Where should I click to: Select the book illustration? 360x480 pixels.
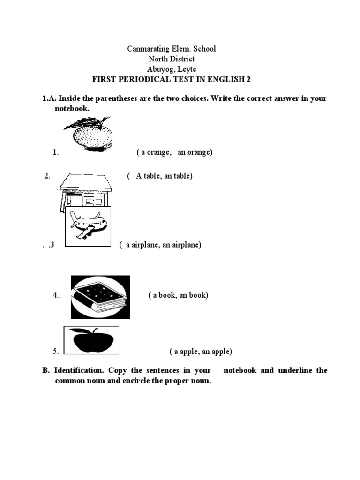tap(100, 297)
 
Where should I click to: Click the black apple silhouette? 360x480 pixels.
tap(91, 340)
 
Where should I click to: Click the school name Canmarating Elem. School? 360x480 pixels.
tap(172, 49)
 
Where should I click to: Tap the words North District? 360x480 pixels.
tap(172, 59)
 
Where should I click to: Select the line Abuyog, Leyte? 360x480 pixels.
tap(172, 69)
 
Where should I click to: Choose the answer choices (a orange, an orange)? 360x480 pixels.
tap(174, 152)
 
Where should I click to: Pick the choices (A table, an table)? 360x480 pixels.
tap(159, 176)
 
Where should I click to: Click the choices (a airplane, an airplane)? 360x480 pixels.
tap(160, 245)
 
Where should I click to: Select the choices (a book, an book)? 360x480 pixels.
tap(178, 295)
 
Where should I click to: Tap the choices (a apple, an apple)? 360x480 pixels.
tap(201, 352)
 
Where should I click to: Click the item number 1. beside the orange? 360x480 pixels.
tap(56, 152)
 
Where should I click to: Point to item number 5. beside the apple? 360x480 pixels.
tap(56, 352)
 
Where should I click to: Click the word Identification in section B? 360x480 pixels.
tap(76, 370)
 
